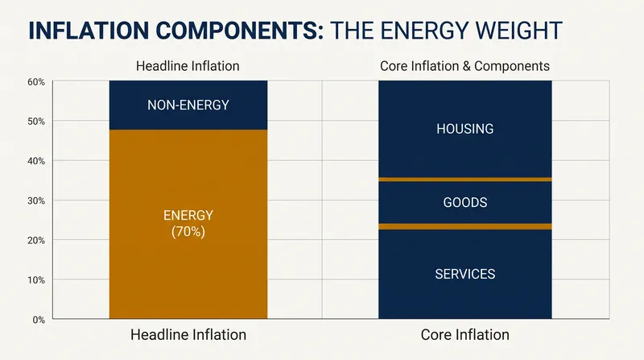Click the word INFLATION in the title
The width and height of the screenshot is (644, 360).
coord(89,31)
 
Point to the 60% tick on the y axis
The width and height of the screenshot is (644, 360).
coord(36,82)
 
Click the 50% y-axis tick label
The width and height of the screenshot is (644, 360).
coord(36,122)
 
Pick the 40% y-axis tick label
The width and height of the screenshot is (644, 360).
coord(36,161)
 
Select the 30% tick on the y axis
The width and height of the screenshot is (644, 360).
coord(36,201)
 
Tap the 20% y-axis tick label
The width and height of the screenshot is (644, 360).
coord(36,241)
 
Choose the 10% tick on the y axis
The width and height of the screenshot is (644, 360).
coord(36,280)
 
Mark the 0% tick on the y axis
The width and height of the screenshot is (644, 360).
coord(39,320)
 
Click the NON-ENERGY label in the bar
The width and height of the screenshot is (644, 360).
coord(188,106)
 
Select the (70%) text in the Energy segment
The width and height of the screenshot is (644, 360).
coord(188,232)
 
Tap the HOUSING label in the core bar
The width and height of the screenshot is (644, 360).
coord(465,129)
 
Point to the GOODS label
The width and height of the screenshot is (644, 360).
coord(465,202)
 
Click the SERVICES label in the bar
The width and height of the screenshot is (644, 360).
coord(465,274)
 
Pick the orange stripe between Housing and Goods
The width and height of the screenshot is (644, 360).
coord(465,180)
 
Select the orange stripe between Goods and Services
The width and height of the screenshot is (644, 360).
coord(465,226)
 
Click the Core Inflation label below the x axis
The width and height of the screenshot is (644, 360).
coord(465,335)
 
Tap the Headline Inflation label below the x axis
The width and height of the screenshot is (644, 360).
coord(188,335)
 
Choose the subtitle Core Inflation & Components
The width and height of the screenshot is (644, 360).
coord(465,66)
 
